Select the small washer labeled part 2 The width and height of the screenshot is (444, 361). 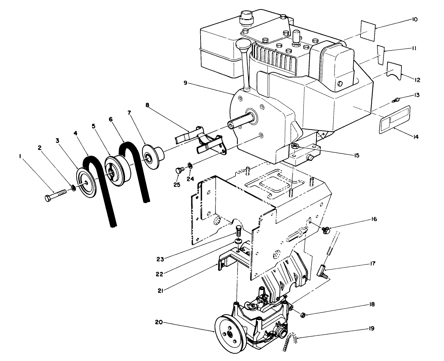(73, 188)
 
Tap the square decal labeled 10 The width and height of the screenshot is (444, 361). (366, 30)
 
